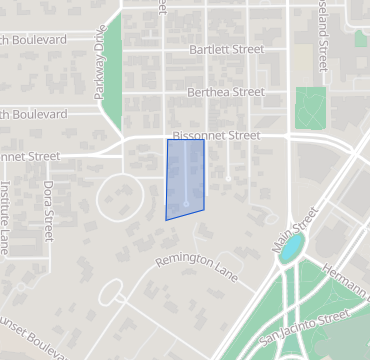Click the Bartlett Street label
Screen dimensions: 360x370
tap(227, 48)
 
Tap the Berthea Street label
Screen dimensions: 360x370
tap(226, 92)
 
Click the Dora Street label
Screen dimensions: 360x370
tap(48, 211)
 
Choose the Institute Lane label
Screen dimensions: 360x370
tap(6, 218)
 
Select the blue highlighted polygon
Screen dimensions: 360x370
tap(185, 178)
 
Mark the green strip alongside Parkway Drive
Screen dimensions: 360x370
tap(111, 75)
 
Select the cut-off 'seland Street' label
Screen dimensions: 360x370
tap(322, 35)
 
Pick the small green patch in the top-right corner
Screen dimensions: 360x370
tap(361, 38)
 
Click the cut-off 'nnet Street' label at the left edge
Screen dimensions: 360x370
tap(30, 156)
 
